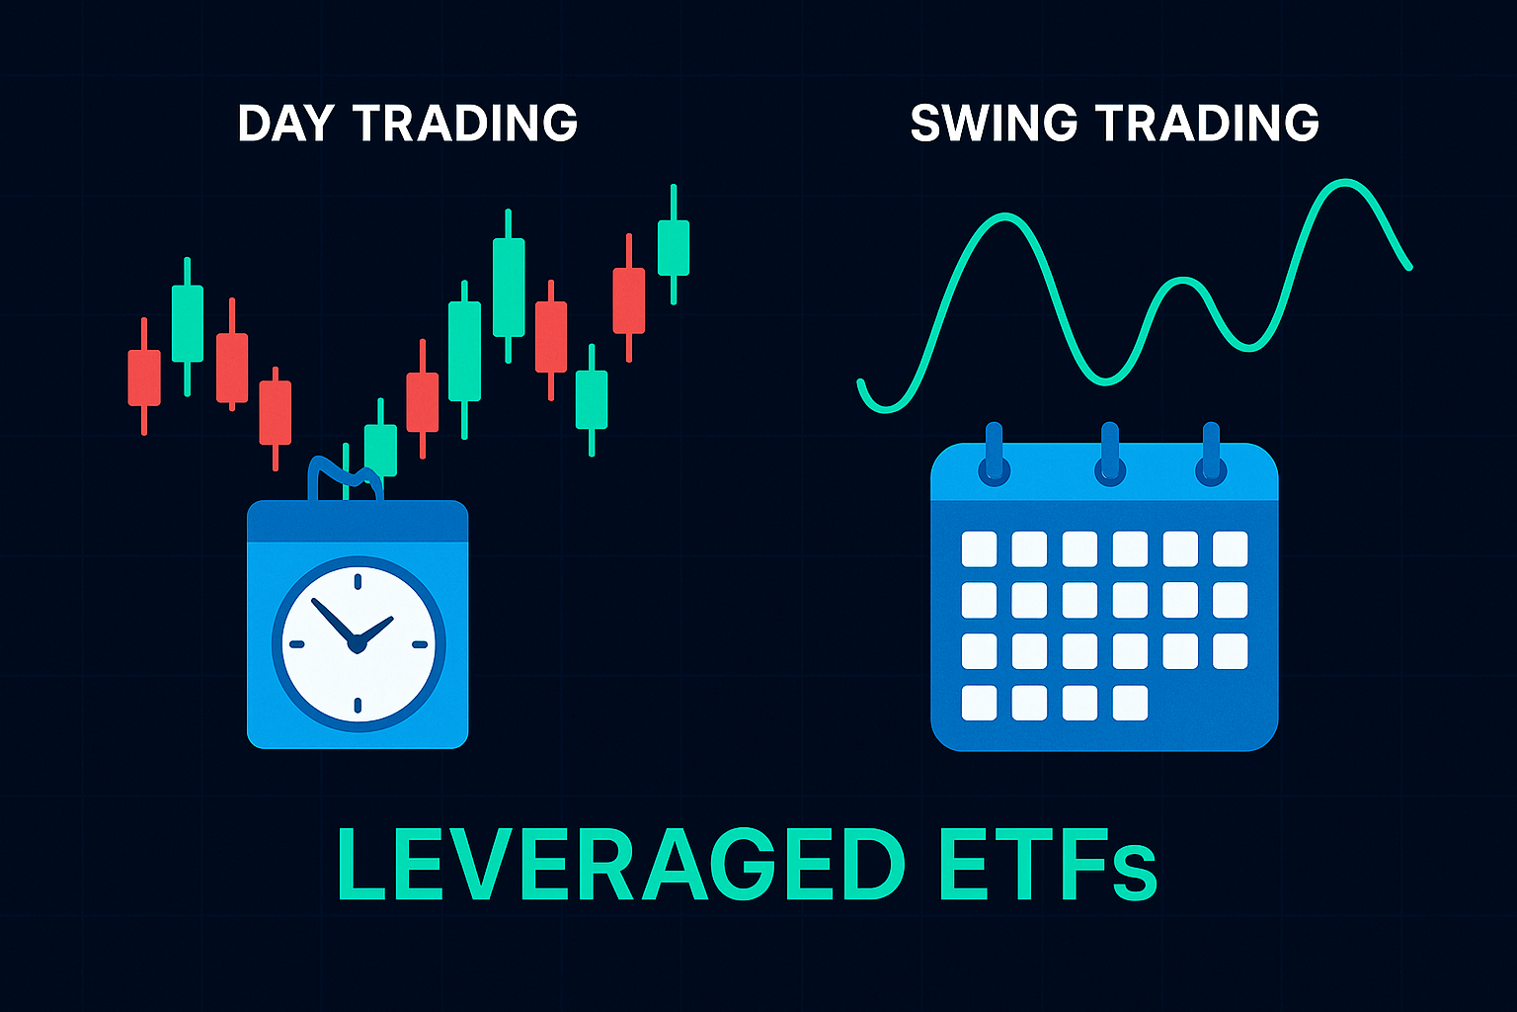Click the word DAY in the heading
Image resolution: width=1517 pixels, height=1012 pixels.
click(285, 123)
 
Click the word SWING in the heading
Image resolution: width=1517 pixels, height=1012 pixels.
click(994, 123)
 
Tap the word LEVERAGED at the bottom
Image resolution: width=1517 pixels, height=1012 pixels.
click(620, 865)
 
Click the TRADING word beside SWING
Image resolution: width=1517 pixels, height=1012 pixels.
click(1208, 123)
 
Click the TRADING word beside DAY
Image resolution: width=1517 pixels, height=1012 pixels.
click(466, 123)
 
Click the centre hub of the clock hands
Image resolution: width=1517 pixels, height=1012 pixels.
click(357, 644)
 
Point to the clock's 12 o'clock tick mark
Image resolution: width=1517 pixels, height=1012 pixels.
click(358, 581)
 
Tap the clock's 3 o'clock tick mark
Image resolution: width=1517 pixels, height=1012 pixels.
click(420, 644)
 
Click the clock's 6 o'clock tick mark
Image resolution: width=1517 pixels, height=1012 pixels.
click(358, 706)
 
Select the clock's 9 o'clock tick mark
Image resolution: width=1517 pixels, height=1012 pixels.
click(296, 644)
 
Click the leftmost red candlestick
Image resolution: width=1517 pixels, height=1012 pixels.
click(144, 377)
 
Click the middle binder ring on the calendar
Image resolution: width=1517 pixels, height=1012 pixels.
click(1110, 455)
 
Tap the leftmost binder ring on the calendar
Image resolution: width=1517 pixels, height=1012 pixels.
click(995, 455)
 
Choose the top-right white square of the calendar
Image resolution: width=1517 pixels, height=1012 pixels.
click(1230, 549)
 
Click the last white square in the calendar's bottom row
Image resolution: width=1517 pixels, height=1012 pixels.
click(1130, 703)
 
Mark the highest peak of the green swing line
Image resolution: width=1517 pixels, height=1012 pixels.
click(1344, 182)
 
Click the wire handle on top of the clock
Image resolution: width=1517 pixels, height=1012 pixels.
click(345, 474)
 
